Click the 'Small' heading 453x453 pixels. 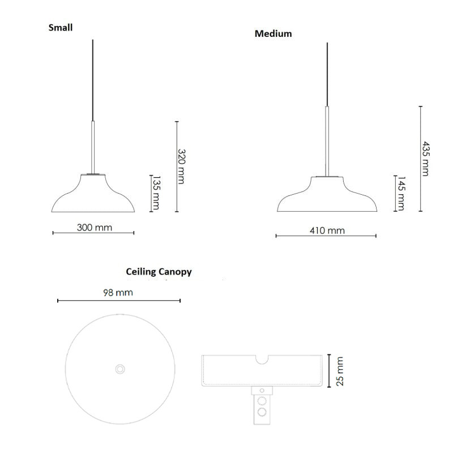tap(61, 27)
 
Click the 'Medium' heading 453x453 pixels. tap(273, 33)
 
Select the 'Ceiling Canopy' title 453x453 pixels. tap(159, 272)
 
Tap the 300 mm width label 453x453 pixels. tap(95, 228)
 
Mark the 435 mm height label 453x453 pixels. tap(425, 159)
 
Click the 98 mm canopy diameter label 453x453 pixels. tap(118, 293)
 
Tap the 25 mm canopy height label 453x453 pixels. tap(340, 371)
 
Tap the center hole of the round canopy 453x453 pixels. tap(119, 369)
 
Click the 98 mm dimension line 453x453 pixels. tap(118, 301)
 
